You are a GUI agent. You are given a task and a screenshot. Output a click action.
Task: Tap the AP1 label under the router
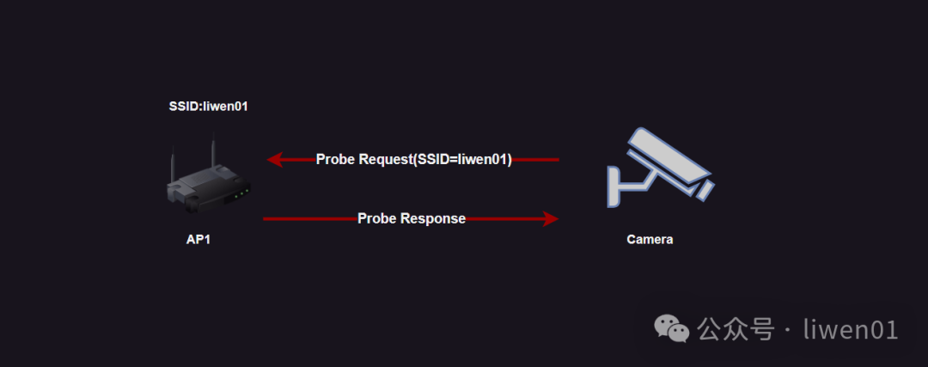coord(198,240)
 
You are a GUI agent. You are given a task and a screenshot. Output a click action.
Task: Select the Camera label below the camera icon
coord(650,240)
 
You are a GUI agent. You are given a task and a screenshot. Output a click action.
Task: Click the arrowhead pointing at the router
coord(275,160)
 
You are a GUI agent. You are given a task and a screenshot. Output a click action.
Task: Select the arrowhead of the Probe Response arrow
coord(551,219)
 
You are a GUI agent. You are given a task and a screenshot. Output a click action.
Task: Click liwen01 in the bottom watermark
coord(850,329)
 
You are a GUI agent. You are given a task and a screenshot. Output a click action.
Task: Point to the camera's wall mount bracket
coord(622,186)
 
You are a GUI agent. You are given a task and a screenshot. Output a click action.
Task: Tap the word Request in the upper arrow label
coord(384,160)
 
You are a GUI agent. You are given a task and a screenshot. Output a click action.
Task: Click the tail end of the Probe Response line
coord(266,219)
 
